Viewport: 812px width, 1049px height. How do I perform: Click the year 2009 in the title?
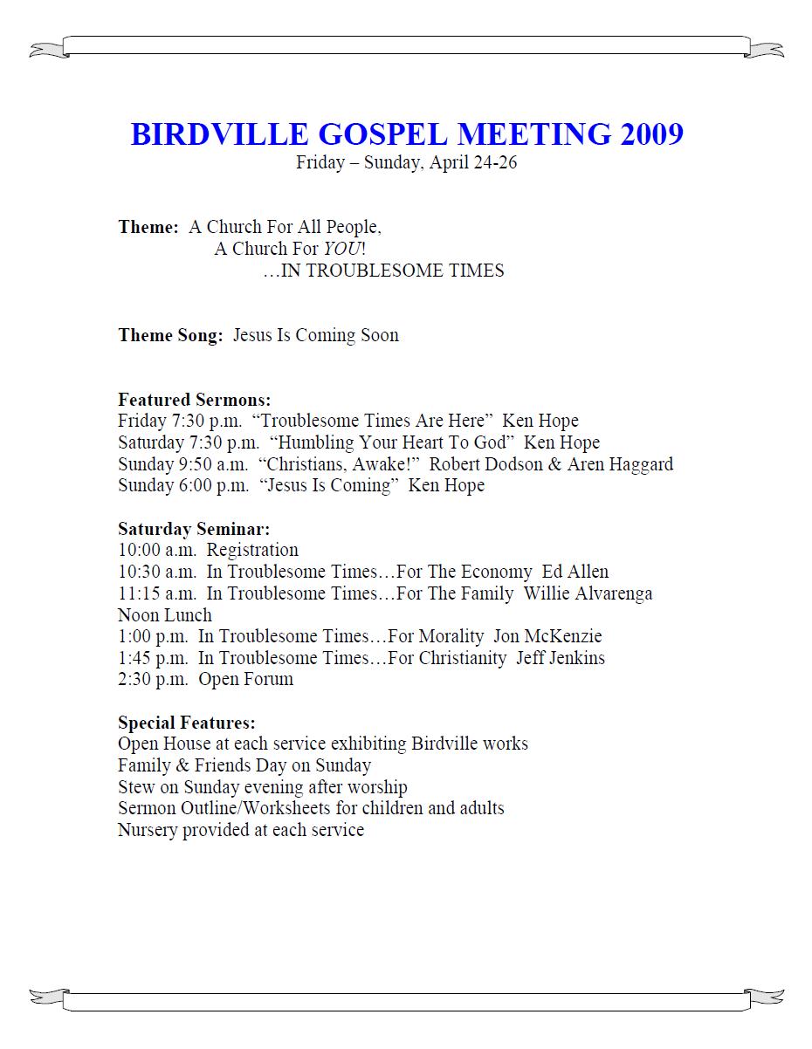click(x=652, y=135)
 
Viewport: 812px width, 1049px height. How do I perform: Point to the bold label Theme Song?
click(x=170, y=336)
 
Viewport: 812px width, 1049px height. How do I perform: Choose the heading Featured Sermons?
click(x=195, y=400)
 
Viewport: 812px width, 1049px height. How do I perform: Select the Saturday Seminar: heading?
click(x=194, y=529)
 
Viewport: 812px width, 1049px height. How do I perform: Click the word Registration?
click(x=252, y=551)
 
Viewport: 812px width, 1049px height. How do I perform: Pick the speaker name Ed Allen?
click(x=575, y=572)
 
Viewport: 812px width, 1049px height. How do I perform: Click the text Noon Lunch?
click(x=165, y=615)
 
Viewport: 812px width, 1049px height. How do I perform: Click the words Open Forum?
click(x=245, y=680)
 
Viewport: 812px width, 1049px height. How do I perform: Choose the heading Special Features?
click(x=187, y=723)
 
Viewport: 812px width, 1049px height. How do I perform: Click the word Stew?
click(x=137, y=787)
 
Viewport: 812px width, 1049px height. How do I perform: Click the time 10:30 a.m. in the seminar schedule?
click(x=157, y=572)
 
